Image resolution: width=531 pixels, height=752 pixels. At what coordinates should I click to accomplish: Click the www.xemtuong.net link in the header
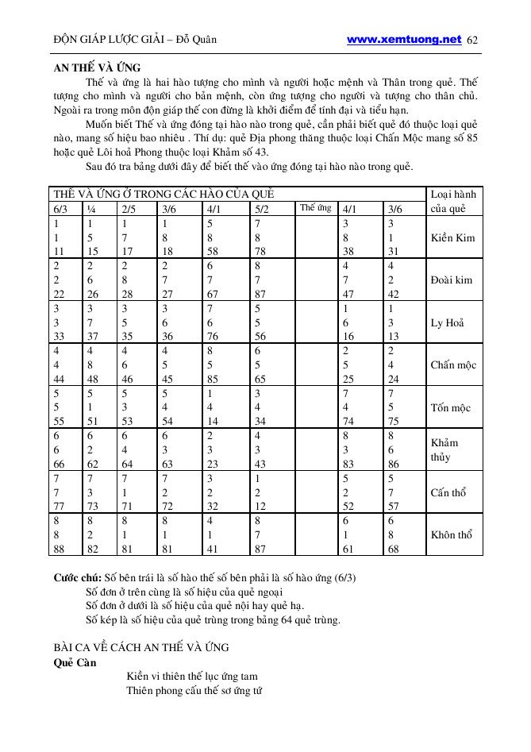pos(404,39)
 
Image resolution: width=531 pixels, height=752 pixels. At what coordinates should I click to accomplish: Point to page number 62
pos(473,40)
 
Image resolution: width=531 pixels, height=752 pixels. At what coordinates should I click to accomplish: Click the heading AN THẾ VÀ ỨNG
pos(97,68)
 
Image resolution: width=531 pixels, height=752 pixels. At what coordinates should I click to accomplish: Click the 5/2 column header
pos(263,209)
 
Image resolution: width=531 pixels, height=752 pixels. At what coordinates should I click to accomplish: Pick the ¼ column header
pos(91,209)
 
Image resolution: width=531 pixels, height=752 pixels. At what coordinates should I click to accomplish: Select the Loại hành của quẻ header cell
pos(453,201)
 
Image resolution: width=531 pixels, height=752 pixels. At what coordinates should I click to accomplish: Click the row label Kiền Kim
pos(452,237)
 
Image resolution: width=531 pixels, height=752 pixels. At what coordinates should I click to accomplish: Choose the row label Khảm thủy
pos(444,450)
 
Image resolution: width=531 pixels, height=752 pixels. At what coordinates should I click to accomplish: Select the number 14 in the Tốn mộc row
pos(214,422)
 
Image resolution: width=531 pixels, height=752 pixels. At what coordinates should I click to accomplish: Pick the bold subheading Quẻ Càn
pos(75,662)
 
